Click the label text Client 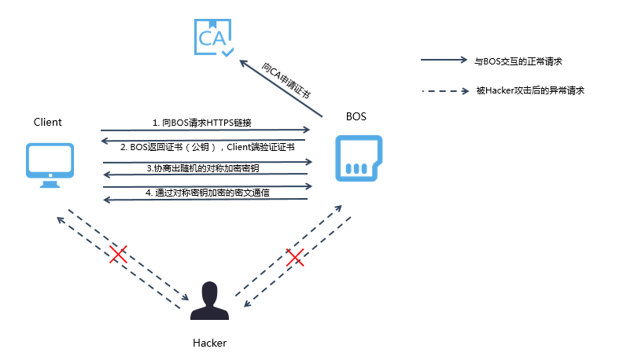tap(47, 122)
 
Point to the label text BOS tap(356, 116)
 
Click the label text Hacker tap(209, 343)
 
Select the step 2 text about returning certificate tap(207, 147)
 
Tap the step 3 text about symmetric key tap(204, 168)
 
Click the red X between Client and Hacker tap(119, 254)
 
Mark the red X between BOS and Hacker tap(295, 257)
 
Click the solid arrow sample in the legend tap(444, 60)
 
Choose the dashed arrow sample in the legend tap(444, 90)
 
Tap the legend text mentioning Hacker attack tap(529, 90)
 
